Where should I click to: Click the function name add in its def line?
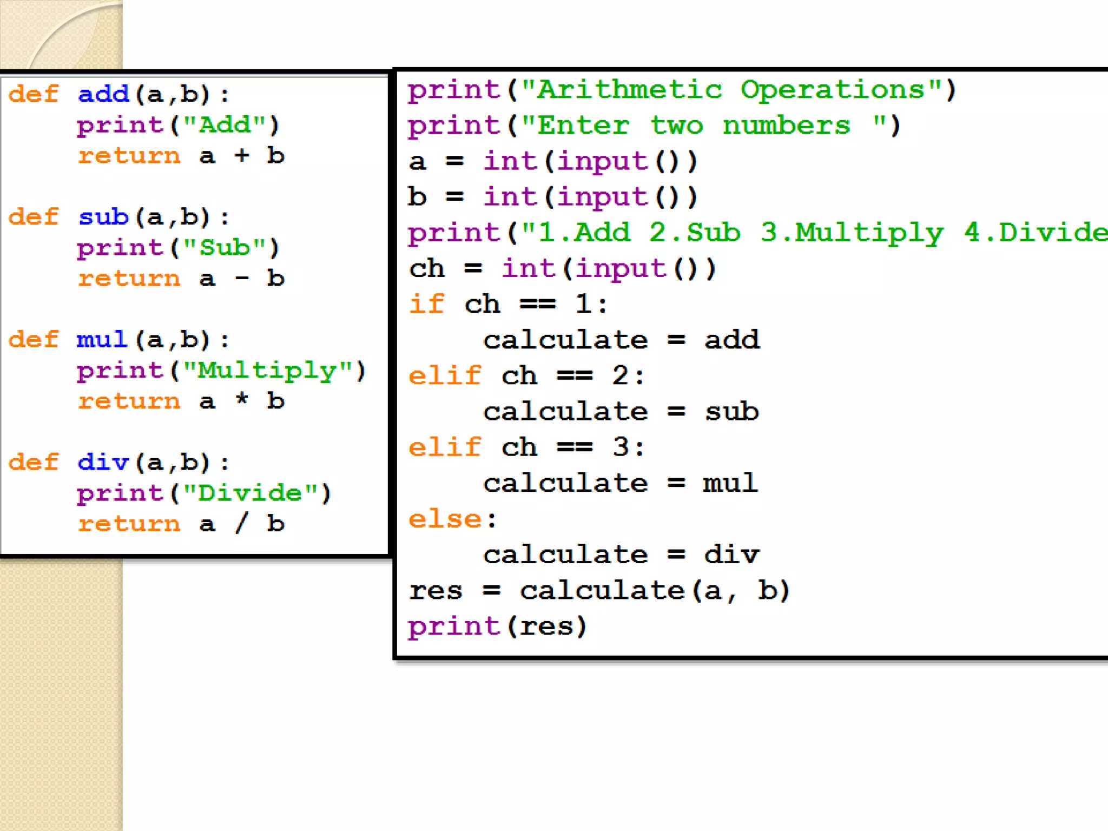click(x=103, y=94)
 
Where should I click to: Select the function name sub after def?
click(x=103, y=217)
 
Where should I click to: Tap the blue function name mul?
click(x=102, y=340)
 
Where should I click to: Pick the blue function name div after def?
click(x=103, y=463)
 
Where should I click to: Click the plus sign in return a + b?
click(x=242, y=156)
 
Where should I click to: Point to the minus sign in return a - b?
click(x=242, y=279)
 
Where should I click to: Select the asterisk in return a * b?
click(x=242, y=400)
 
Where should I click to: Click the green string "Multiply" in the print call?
click(x=268, y=371)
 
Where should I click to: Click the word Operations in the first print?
click(x=833, y=90)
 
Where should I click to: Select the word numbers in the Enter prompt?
click(x=786, y=126)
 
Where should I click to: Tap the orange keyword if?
click(x=426, y=304)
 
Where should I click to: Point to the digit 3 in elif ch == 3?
click(x=621, y=447)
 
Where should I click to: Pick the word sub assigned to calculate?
click(x=731, y=412)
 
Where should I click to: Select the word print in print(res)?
click(x=454, y=626)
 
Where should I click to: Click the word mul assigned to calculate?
click(x=730, y=483)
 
